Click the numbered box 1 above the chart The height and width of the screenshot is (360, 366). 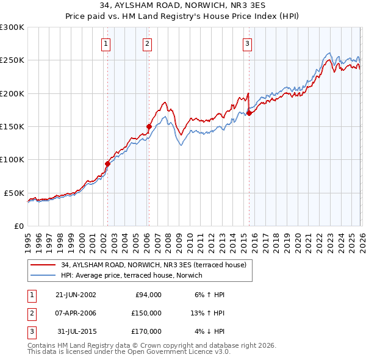[106, 43]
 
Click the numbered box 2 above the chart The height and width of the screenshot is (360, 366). [148, 43]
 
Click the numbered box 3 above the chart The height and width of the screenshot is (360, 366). [248, 43]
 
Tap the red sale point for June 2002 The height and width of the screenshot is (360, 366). [108, 164]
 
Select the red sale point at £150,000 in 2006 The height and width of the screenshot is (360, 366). [149, 126]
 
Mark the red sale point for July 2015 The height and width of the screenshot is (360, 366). [249, 113]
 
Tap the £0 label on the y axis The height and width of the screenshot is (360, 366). [18, 226]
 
